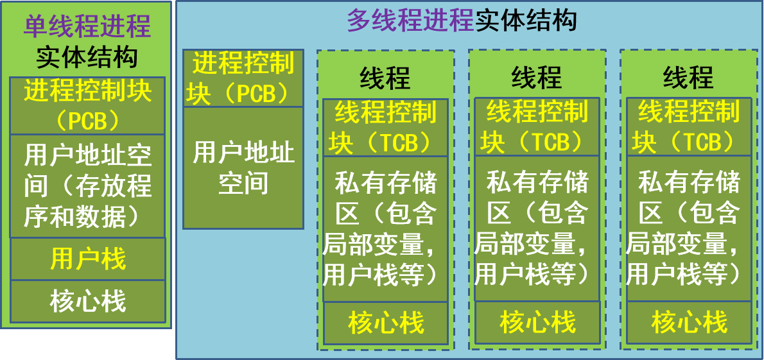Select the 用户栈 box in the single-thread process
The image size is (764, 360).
click(x=88, y=259)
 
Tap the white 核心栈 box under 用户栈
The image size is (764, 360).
click(x=88, y=301)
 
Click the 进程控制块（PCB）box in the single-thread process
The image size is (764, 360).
click(x=87, y=105)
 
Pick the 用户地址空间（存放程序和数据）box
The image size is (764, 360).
click(x=87, y=186)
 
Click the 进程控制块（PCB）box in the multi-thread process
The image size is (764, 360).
click(x=243, y=79)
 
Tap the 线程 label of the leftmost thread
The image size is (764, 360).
click(x=385, y=78)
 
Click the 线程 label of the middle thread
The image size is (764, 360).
click(x=537, y=78)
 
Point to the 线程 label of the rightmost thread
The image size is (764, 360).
click(x=688, y=78)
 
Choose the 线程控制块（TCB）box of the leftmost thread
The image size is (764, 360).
click(x=385, y=127)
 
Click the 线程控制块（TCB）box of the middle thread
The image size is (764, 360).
click(x=537, y=127)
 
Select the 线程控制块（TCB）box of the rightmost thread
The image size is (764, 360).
click(x=688, y=127)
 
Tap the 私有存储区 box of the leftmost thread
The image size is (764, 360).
click(x=385, y=229)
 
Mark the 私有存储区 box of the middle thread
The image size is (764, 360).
click(x=537, y=229)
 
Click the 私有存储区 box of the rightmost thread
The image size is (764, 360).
click(x=688, y=229)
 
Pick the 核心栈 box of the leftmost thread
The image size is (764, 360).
click(x=385, y=323)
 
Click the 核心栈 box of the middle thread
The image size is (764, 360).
click(x=537, y=323)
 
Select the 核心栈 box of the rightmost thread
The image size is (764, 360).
click(x=688, y=323)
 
